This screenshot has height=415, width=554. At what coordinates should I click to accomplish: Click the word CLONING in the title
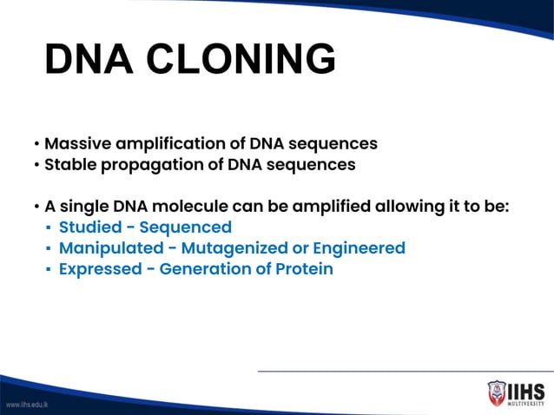[x=242, y=60]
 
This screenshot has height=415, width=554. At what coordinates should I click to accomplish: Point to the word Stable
[x=72, y=164]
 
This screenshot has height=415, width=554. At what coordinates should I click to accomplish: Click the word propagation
[x=153, y=164]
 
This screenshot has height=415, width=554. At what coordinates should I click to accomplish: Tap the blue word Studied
[x=91, y=227]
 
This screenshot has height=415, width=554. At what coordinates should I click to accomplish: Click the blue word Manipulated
[x=109, y=248]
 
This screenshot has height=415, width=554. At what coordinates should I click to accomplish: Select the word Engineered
[x=357, y=248]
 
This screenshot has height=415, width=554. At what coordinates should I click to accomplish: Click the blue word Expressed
[x=98, y=269]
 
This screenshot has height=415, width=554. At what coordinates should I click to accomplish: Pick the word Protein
[x=304, y=269]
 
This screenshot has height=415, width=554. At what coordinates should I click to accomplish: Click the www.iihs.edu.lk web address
[x=27, y=405]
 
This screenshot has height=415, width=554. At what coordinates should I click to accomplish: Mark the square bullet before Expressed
[x=47, y=270]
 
